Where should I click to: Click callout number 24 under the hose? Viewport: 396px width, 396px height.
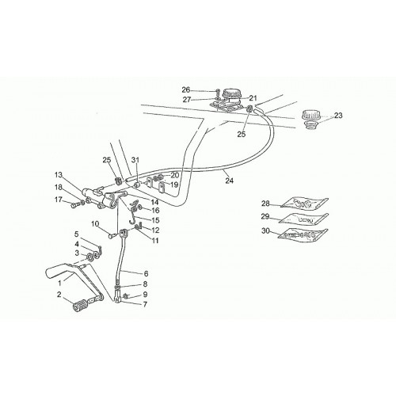coord(230,181)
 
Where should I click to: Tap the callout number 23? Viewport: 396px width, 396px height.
coord(338,116)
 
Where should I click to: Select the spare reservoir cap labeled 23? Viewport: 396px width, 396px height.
coord(310,120)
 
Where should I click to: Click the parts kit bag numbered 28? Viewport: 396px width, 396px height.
coord(304,204)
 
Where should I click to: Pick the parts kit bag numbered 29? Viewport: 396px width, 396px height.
coord(304,219)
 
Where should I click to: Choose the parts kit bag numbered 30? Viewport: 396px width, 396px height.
coord(303,234)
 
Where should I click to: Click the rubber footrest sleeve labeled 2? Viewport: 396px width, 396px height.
coord(80,307)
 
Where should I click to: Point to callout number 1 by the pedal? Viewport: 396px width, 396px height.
coord(60,284)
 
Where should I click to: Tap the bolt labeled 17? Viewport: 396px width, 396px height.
coord(76,204)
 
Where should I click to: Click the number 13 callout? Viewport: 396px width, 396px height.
coord(59,175)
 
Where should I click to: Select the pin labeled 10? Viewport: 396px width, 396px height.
coord(112,236)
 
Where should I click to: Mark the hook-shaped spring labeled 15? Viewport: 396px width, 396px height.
coord(133,216)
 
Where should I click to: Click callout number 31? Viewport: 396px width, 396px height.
coord(135,160)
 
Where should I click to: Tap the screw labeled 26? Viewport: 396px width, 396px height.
coord(217,92)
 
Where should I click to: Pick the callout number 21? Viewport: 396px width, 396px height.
coord(253,98)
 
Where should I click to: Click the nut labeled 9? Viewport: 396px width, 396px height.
coord(126,295)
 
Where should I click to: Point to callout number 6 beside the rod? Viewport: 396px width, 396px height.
coord(146,273)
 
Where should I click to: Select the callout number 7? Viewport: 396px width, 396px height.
coord(145,304)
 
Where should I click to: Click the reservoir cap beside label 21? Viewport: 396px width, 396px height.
coord(232,95)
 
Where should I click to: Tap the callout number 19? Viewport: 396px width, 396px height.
coord(174,185)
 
